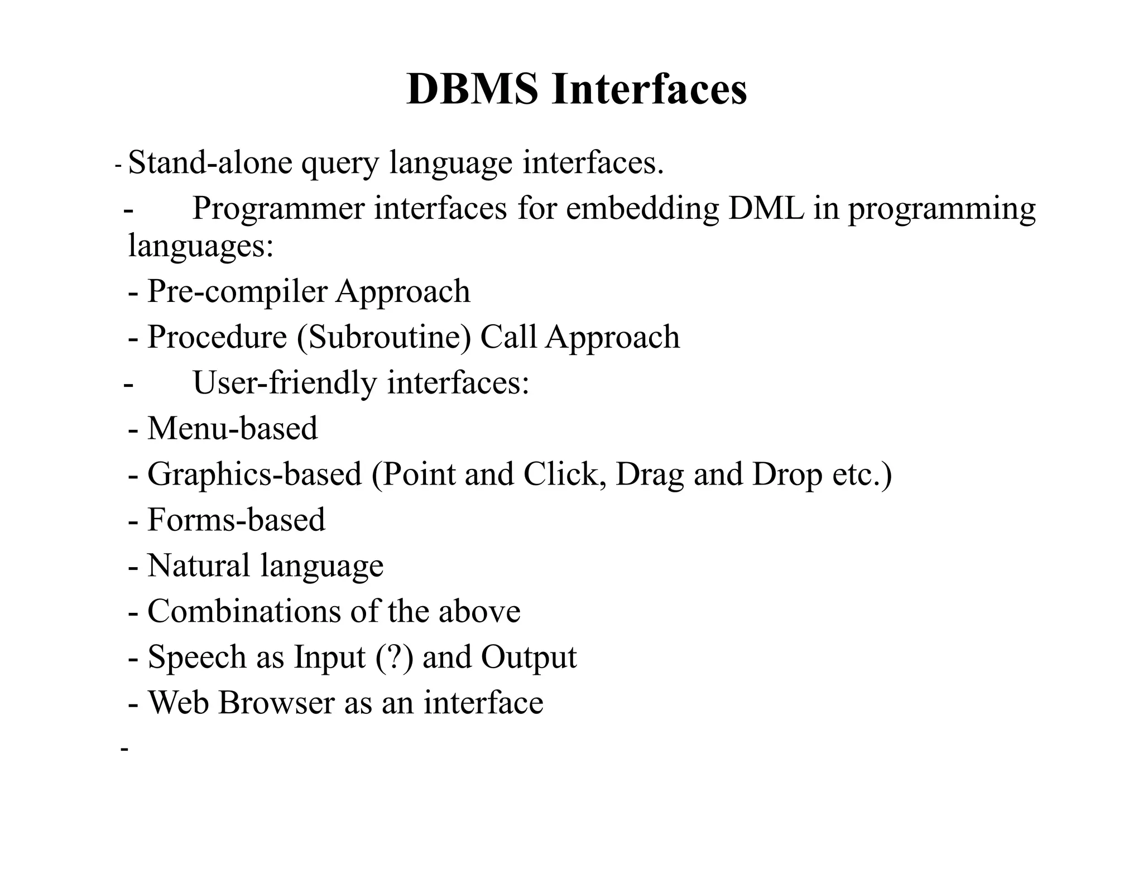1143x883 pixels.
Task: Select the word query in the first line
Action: [x=340, y=164]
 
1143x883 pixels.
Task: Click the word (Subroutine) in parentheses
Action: [x=384, y=338]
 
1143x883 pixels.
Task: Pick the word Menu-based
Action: [x=232, y=429]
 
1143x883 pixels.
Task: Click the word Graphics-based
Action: [x=254, y=475]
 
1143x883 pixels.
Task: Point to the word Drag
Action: [x=650, y=475]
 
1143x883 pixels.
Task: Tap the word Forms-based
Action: [x=236, y=520]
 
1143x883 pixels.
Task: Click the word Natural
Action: [x=198, y=565]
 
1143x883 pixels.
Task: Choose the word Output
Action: [x=529, y=658]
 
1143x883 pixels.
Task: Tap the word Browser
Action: [x=276, y=702]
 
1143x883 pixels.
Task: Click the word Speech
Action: [x=196, y=658]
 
